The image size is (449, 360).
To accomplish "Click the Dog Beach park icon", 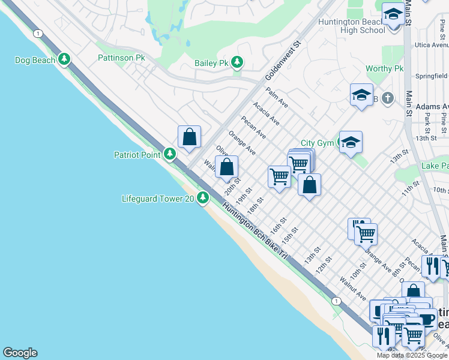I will coord(64,59).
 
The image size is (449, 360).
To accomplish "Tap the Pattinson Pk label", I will coord(121,58).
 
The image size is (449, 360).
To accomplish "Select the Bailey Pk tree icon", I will coord(238,62).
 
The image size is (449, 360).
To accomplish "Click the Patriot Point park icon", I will coord(170,154).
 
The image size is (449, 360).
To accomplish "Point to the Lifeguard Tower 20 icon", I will coord(203,197).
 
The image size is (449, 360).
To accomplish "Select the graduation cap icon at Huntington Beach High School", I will coord(393,14).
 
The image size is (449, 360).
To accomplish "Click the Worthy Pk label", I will coord(384,69).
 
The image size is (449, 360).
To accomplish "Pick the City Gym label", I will coord(316,143).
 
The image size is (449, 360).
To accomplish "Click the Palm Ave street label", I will coord(277,97).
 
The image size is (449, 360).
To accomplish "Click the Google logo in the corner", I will coord(20,353).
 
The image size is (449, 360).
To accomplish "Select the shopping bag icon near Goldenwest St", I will coord(189,137).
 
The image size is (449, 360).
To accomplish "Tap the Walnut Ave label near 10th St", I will coord(352,287).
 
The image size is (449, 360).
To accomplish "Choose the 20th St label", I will coord(233,187).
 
